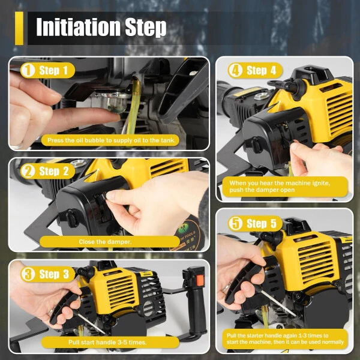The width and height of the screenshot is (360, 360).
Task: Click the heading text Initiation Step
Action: coord(101,27)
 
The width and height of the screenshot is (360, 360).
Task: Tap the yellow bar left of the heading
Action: coord(19,28)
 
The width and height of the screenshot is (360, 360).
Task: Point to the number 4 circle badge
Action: coord(235,70)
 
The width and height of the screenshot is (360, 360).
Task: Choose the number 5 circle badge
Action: coord(235,223)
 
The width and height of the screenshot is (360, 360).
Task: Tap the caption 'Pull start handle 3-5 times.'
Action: coord(110,342)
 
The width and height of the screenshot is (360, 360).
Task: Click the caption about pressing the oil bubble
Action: coord(110,140)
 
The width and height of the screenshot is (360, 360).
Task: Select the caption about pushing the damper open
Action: coord(284,186)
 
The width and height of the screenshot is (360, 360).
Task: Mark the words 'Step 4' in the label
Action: coord(265,70)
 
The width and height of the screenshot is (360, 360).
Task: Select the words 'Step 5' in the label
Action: coord(265,223)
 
